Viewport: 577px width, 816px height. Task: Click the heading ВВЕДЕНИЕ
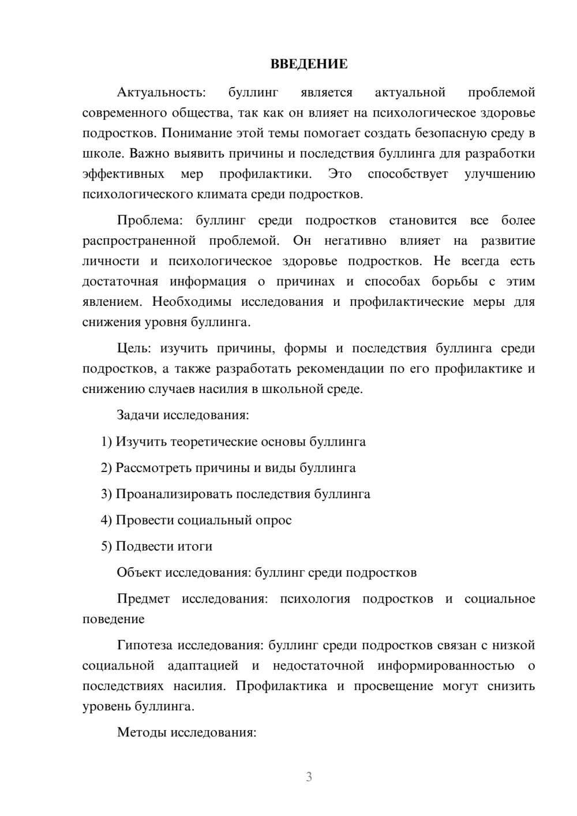[309, 64]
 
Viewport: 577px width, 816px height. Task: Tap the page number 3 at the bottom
[309, 777]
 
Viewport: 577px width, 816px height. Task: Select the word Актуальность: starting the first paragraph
[161, 92]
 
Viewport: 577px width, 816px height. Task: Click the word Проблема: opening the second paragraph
[149, 220]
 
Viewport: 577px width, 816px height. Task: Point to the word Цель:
[134, 348]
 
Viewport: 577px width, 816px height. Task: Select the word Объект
[139, 572]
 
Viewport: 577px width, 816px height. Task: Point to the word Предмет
[143, 598]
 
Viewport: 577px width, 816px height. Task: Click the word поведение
[113, 619]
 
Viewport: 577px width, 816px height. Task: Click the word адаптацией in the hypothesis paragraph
[203, 665]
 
